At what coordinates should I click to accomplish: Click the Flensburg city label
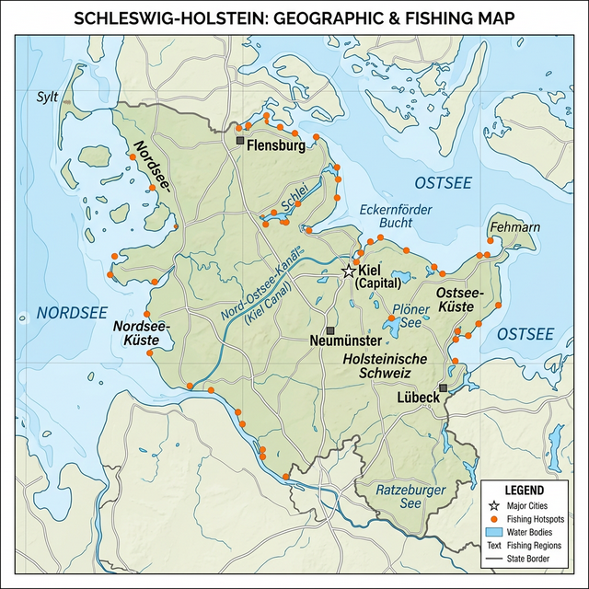click(275, 144)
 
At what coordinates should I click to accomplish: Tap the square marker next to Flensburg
click(240, 141)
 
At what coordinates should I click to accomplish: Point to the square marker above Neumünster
click(330, 329)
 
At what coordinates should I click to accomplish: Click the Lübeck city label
click(418, 398)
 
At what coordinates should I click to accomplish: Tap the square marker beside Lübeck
click(444, 388)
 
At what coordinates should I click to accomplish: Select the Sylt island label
click(47, 96)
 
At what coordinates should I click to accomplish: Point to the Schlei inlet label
click(294, 197)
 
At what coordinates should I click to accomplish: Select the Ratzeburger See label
click(411, 496)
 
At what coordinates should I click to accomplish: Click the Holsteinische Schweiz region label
click(385, 365)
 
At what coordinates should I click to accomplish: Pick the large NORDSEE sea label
click(66, 313)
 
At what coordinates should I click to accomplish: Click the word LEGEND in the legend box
click(524, 490)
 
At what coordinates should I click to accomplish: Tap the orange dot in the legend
click(493, 519)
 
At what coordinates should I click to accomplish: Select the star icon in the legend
click(493, 506)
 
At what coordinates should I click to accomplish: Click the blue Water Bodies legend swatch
click(493, 532)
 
